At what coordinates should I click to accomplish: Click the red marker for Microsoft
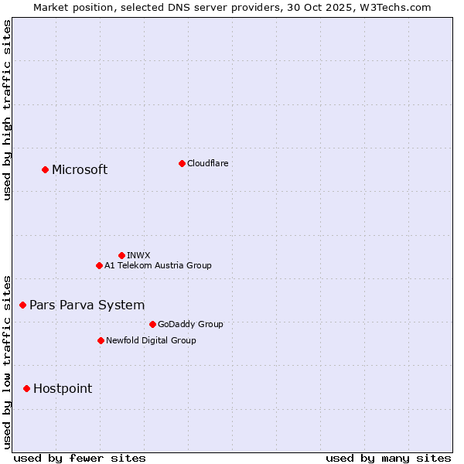click(45, 169)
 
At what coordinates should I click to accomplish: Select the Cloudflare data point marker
click(182, 163)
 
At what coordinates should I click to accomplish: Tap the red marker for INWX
click(121, 255)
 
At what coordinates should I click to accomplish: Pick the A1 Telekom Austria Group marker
click(99, 265)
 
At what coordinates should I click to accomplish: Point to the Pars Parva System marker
click(22, 305)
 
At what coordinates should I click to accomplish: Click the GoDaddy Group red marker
click(152, 324)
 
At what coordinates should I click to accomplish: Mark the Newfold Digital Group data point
click(101, 340)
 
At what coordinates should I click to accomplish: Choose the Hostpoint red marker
click(26, 388)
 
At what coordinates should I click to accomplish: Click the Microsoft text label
click(80, 170)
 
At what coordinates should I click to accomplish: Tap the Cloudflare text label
click(207, 163)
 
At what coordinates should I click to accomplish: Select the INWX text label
click(138, 255)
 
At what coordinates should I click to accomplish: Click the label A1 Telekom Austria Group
click(158, 265)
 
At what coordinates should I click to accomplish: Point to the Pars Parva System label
click(87, 305)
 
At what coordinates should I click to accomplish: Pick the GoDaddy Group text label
click(189, 324)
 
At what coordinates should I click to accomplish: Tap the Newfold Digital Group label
click(151, 340)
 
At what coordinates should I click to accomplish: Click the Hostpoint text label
click(63, 389)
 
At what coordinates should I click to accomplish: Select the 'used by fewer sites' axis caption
click(80, 458)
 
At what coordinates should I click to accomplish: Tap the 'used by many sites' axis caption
click(388, 458)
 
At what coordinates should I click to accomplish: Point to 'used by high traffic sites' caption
click(7, 109)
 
